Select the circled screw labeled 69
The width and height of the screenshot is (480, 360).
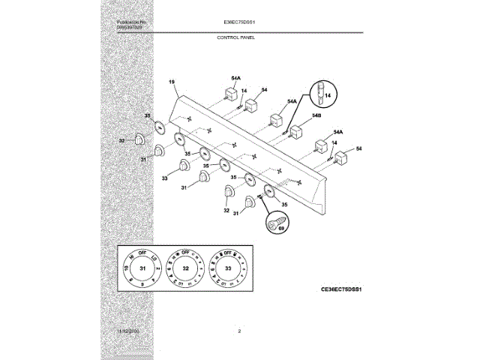tap(276, 223)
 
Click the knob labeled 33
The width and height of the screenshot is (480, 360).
tap(184, 166)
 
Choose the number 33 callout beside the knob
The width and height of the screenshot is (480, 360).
tap(165, 178)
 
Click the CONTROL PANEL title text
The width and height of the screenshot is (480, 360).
tap(236, 37)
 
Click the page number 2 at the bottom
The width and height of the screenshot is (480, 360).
tap(239, 331)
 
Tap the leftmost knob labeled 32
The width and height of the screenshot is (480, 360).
tap(140, 139)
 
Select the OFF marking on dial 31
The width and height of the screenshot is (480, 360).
tap(142, 253)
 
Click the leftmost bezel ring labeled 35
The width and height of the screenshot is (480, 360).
tap(159, 127)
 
